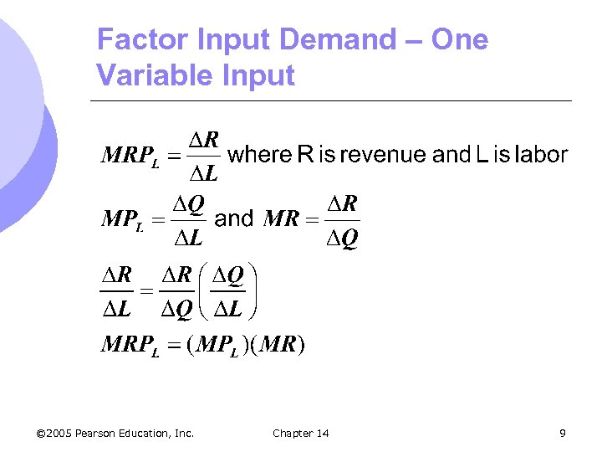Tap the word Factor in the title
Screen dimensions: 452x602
(137, 39)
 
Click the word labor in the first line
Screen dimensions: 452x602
(541, 155)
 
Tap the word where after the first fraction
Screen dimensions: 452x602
(260, 155)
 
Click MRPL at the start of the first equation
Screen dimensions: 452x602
(130, 157)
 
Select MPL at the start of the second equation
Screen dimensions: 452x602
(122, 220)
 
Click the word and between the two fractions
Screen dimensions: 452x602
(234, 219)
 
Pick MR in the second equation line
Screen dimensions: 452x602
(281, 220)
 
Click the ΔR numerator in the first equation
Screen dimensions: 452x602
(203, 139)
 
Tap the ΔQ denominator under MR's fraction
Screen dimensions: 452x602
(342, 239)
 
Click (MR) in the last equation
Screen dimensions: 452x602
(278, 345)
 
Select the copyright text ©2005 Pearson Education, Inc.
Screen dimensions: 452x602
(115, 433)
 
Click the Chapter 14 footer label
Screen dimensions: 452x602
(301, 433)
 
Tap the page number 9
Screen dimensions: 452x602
(563, 433)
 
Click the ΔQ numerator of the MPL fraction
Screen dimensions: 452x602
(188, 203)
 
